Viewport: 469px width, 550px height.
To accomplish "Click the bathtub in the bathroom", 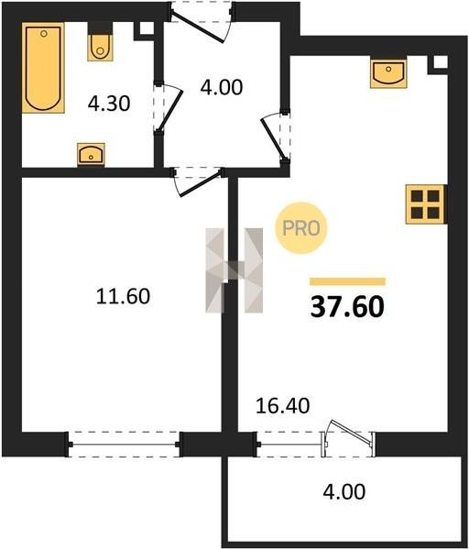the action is [x=43, y=68].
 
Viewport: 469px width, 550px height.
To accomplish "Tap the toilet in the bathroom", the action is [x=100, y=42].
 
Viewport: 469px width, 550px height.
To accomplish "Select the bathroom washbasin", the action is [x=91, y=154].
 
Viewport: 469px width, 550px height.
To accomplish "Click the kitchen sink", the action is [x=388, y=73].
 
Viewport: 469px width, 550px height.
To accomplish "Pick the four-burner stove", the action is [x=426, y=204].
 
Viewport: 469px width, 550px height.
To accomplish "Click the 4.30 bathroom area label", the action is [x=109, y=104].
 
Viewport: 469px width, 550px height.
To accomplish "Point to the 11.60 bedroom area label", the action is [x=123, y=296].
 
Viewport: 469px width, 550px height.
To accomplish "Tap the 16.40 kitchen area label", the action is [x=282, y=406].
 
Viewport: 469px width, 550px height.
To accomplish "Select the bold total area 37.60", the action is [x=347, y=307].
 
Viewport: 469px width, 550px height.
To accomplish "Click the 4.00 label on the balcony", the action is [x=344, y=491].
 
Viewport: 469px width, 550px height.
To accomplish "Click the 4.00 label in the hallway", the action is [x=222, y=87].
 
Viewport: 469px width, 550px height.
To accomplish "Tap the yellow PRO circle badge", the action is [x=301, y=228].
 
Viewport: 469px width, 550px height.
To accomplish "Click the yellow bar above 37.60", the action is [x=348, y=281].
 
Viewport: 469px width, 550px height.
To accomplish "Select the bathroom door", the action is [x=169, y=107].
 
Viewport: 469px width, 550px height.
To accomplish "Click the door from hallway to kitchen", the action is [x=276, y=137].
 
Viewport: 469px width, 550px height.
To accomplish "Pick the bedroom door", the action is [x=197, y=182].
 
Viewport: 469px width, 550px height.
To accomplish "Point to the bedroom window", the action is [x=124, y=445].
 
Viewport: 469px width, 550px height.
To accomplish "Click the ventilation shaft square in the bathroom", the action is [x=147, y=28].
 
